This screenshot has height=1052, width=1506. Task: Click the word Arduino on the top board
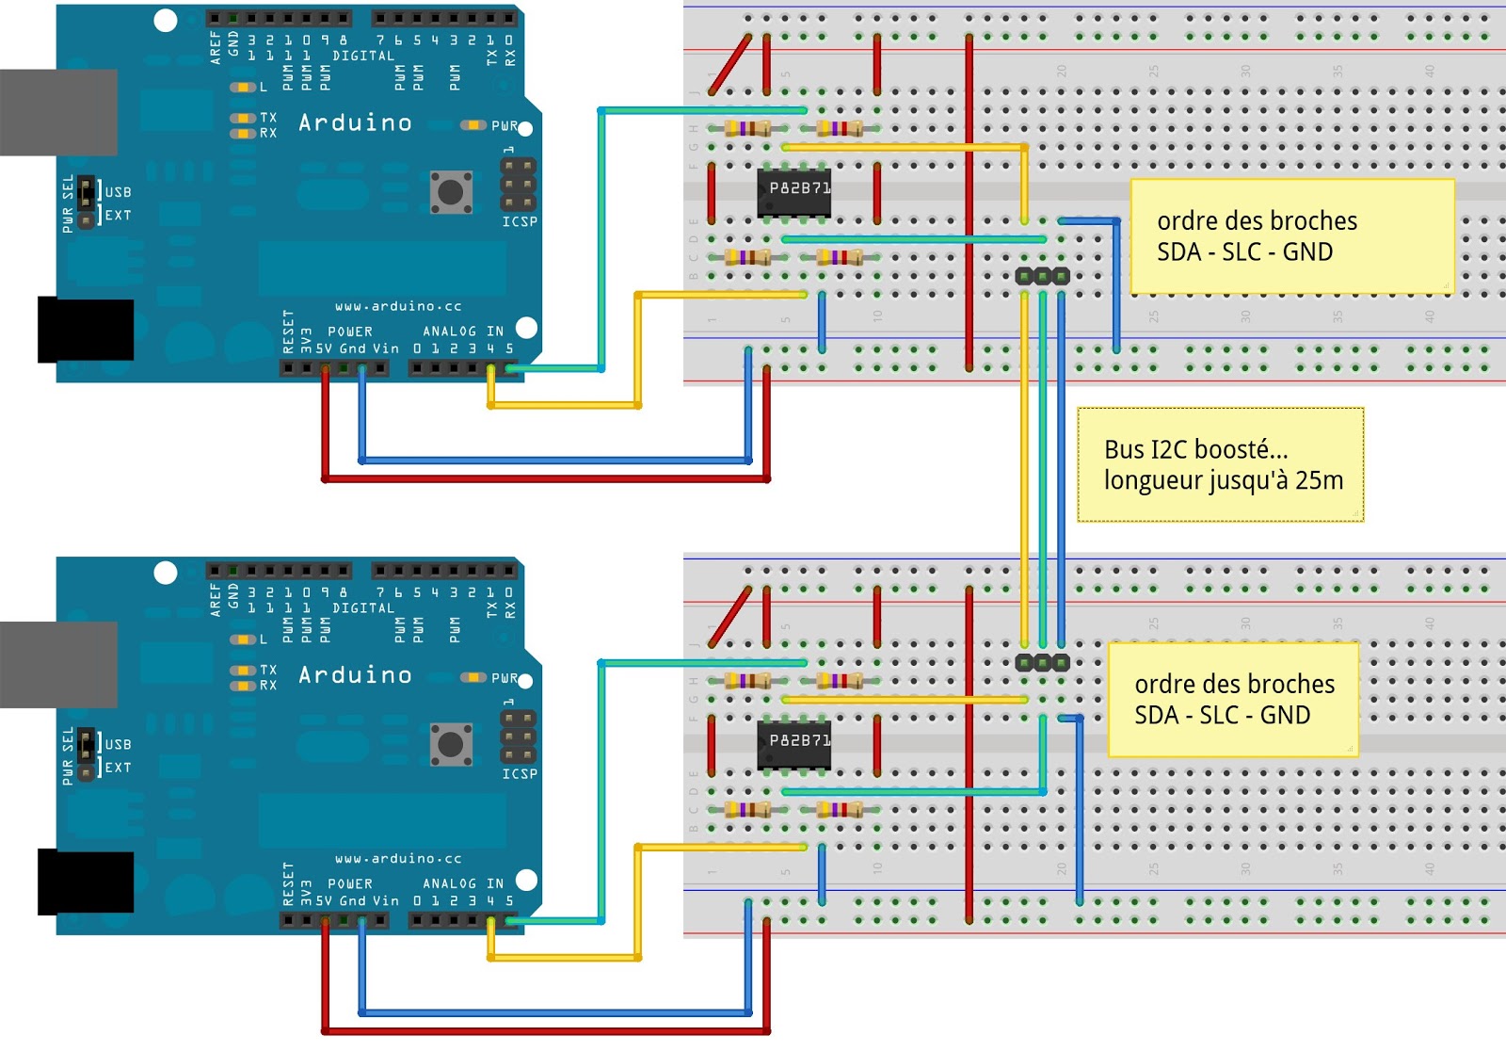click(x=355, y=122)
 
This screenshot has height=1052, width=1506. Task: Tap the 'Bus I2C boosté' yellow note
click(x=1220, y=465)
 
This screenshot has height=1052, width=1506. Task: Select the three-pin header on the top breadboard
click(x=1042, y=276)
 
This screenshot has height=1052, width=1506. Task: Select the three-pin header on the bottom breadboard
click(x=1042, y=662)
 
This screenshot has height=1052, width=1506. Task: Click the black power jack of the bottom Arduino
click(x=85, y=882)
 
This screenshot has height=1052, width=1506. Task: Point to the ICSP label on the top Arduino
click(x=519, y=221)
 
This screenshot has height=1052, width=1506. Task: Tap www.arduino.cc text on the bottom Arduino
click(x=398, y=858)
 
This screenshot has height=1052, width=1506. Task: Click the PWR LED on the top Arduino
click(x=472, y=125)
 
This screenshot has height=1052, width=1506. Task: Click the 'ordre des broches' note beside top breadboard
click(x=1291, y=236)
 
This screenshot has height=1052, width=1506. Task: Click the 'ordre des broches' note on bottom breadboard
click(x=1233, y=700)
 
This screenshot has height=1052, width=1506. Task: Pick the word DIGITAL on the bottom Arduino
click(x=363, y=608)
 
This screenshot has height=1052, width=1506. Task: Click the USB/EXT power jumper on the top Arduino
click(x=87, y=202)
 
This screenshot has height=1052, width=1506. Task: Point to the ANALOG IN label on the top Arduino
click(x=462, y=332)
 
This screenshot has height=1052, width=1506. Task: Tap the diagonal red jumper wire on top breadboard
click(x=730, y=64)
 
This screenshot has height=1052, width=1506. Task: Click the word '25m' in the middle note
click(x=1319, y=480)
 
